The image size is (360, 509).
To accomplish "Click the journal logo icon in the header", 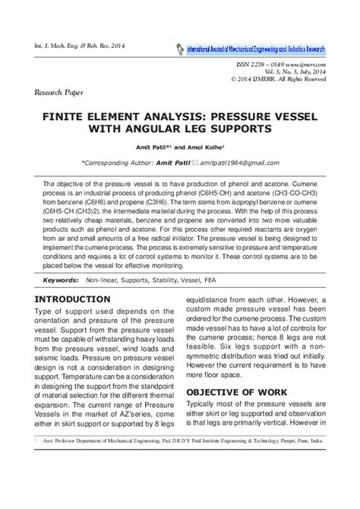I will point(181,48).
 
